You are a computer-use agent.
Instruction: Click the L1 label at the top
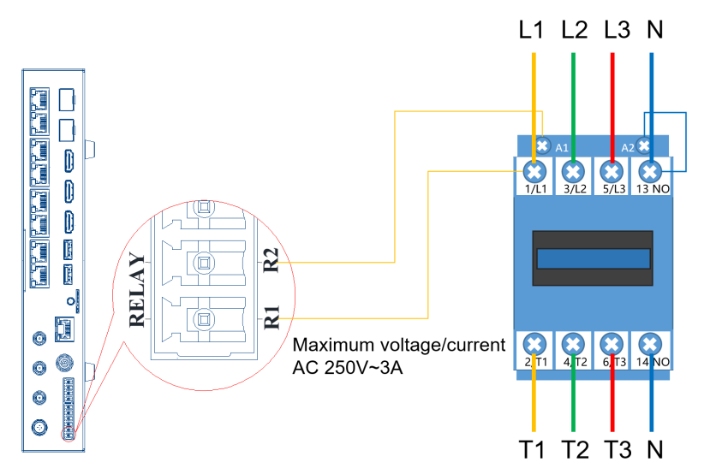531,30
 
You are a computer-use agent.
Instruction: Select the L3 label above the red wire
617,30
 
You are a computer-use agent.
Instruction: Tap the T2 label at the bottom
575,449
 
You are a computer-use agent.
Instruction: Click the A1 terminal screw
542,145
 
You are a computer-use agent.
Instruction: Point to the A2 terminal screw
644,145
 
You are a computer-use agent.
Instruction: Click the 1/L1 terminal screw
534,171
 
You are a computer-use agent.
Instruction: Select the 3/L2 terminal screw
573,171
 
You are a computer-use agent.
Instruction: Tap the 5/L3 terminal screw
612,171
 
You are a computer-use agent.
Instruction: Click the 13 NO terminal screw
651,171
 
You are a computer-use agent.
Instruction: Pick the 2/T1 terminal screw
534,345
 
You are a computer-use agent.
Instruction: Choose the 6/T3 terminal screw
612,345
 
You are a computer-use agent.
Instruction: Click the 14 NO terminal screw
651,345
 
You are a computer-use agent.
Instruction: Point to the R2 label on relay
271,260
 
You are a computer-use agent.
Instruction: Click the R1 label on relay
271,317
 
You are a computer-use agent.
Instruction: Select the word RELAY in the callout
137,290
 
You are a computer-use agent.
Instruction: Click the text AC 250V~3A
348,368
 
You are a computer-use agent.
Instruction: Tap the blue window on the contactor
594,258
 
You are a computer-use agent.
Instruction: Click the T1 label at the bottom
532,449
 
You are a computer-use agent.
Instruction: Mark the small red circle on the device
69,434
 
